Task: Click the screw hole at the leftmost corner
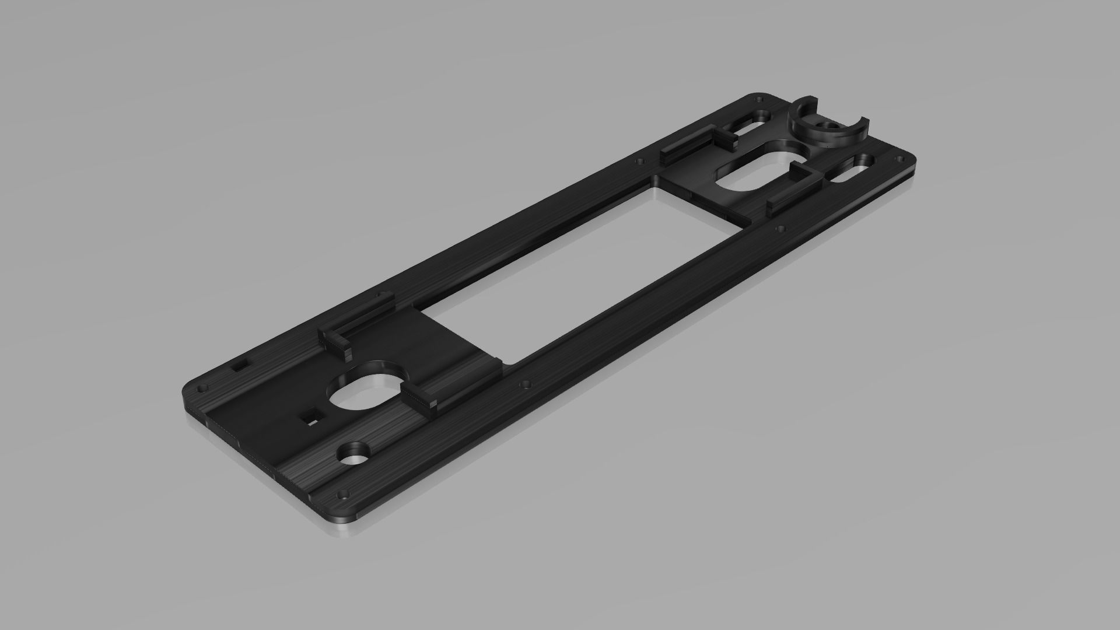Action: click(204, 387)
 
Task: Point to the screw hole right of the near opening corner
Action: click(527, 385)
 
